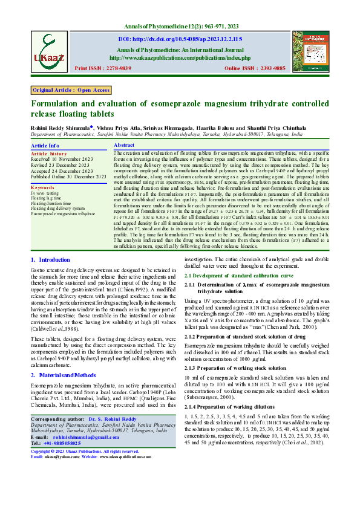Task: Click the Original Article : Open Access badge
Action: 71,90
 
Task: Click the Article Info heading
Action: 45,146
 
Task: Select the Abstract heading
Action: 124,146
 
